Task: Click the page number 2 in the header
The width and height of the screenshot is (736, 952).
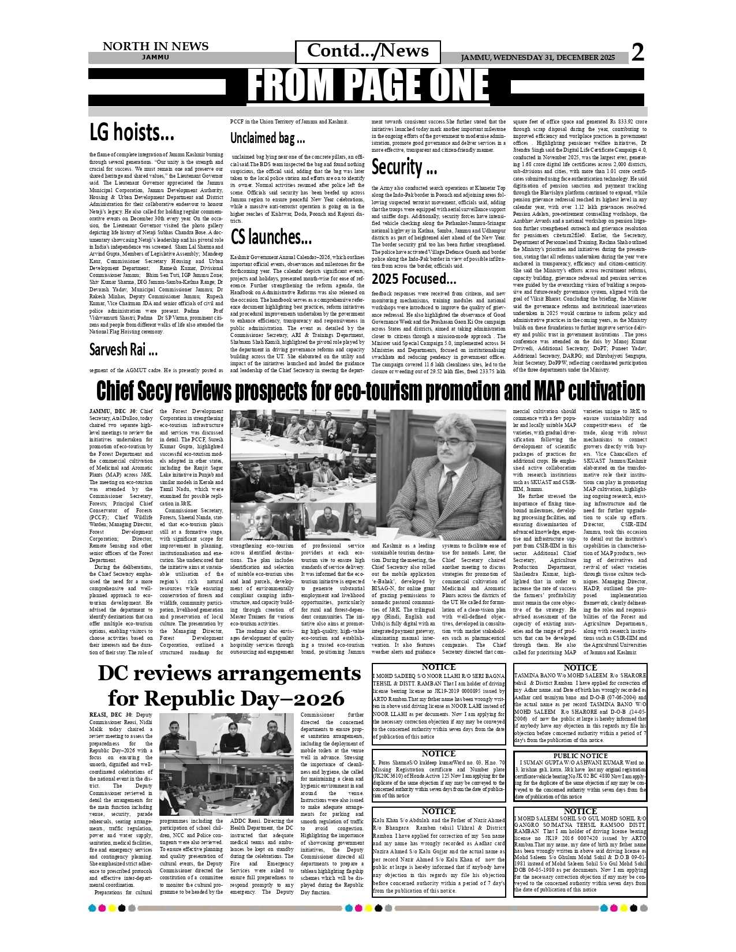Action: pyautogui.click(x=637, y=53)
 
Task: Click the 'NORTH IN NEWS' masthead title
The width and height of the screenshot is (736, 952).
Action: pyautogui.click(x=155, y=46)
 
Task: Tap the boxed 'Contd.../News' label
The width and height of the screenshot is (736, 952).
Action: pyautogui.click(x=368, y=51)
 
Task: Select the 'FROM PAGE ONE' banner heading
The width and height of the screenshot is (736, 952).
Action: pyautogui.click(x=368, y=86)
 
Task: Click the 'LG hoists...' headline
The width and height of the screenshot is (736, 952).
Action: pyautogui.click(x=132, y=133)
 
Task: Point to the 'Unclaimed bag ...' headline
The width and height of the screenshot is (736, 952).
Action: pyautogui.click(x=267, y=138)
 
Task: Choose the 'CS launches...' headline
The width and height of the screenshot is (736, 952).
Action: pyautogui.click(x=271, y=237)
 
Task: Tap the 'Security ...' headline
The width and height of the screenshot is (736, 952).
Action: pyautogui.click(x=404, y=167)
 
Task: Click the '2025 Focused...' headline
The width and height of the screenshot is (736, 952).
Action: pyautogui.click(x=414, y=279)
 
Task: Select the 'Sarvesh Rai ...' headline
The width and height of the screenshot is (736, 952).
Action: pyautogui.click(x=123, y=349)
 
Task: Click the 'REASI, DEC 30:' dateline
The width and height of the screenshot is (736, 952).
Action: pyautogui.click(x=113, y=715)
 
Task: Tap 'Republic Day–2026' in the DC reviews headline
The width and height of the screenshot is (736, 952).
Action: pyautogui.click(x=226, y=698)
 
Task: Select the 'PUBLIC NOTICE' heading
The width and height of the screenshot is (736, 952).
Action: pyautogui.click(x=580, y=756)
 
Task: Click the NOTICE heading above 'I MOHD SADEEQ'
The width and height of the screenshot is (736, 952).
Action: pyautogui.click(x=439, y=668)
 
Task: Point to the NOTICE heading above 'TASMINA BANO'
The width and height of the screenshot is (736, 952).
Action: pyautogui.click(x=580, y=668)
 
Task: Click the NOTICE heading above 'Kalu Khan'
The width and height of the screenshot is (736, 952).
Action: pyautogui.click(x=439, y=811)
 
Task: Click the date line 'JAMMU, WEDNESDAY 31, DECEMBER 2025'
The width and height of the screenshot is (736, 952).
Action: pyautogui.click(x=537, y=58)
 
